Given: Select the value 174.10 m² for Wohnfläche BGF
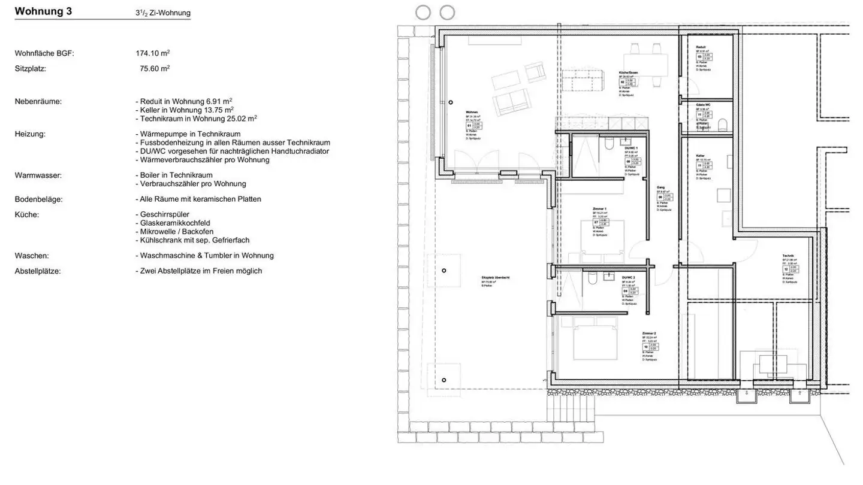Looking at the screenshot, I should click(x=153, y=53).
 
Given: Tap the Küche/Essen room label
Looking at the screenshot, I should click(x=628, y=72).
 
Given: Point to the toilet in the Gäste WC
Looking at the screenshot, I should click(x=722, y=125).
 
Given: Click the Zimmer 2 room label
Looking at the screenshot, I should click(x=649, y=333).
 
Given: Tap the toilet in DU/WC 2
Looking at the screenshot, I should click(x=592, y=278).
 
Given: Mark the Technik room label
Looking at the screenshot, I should click(x=788, y=256).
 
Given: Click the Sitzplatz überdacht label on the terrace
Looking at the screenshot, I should click(x=495, y=278).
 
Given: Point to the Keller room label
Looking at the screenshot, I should click(x=700, y=155).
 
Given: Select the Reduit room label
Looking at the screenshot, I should click(x=701, y=47).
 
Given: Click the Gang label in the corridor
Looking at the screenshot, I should click(x=660, y=187).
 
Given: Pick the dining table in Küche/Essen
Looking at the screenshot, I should click(x=645, y=61).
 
